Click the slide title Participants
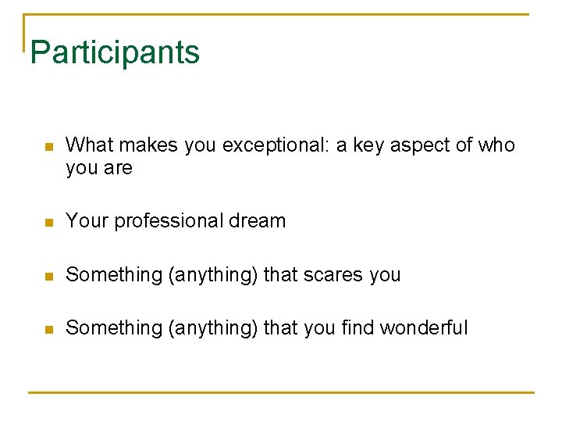[115, 53]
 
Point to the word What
[90, 145]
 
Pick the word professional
[165, 221]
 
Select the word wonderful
[424, 328]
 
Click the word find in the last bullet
[358, 328]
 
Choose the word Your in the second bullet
[87, 221]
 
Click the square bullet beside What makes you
[48, 147]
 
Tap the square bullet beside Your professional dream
[48, 223]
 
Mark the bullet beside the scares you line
[48, 276]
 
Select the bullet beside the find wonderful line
[48, 329]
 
